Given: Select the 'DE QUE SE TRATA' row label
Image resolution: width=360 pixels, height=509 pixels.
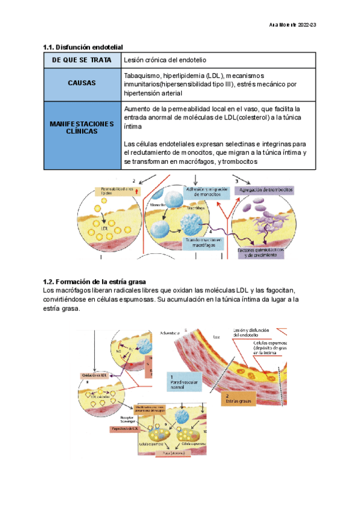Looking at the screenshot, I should click(x=82, y=61).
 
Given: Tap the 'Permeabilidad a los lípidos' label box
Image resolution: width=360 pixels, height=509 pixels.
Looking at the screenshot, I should click(x=116, y=192).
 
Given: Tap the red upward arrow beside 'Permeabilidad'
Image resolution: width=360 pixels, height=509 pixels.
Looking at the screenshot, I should click(x=137, y=191).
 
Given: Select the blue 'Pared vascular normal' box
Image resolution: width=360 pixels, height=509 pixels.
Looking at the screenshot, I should click(x=184, y=382).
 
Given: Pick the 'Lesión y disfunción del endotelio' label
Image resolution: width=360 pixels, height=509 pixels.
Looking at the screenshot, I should click(x=248, y=331).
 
